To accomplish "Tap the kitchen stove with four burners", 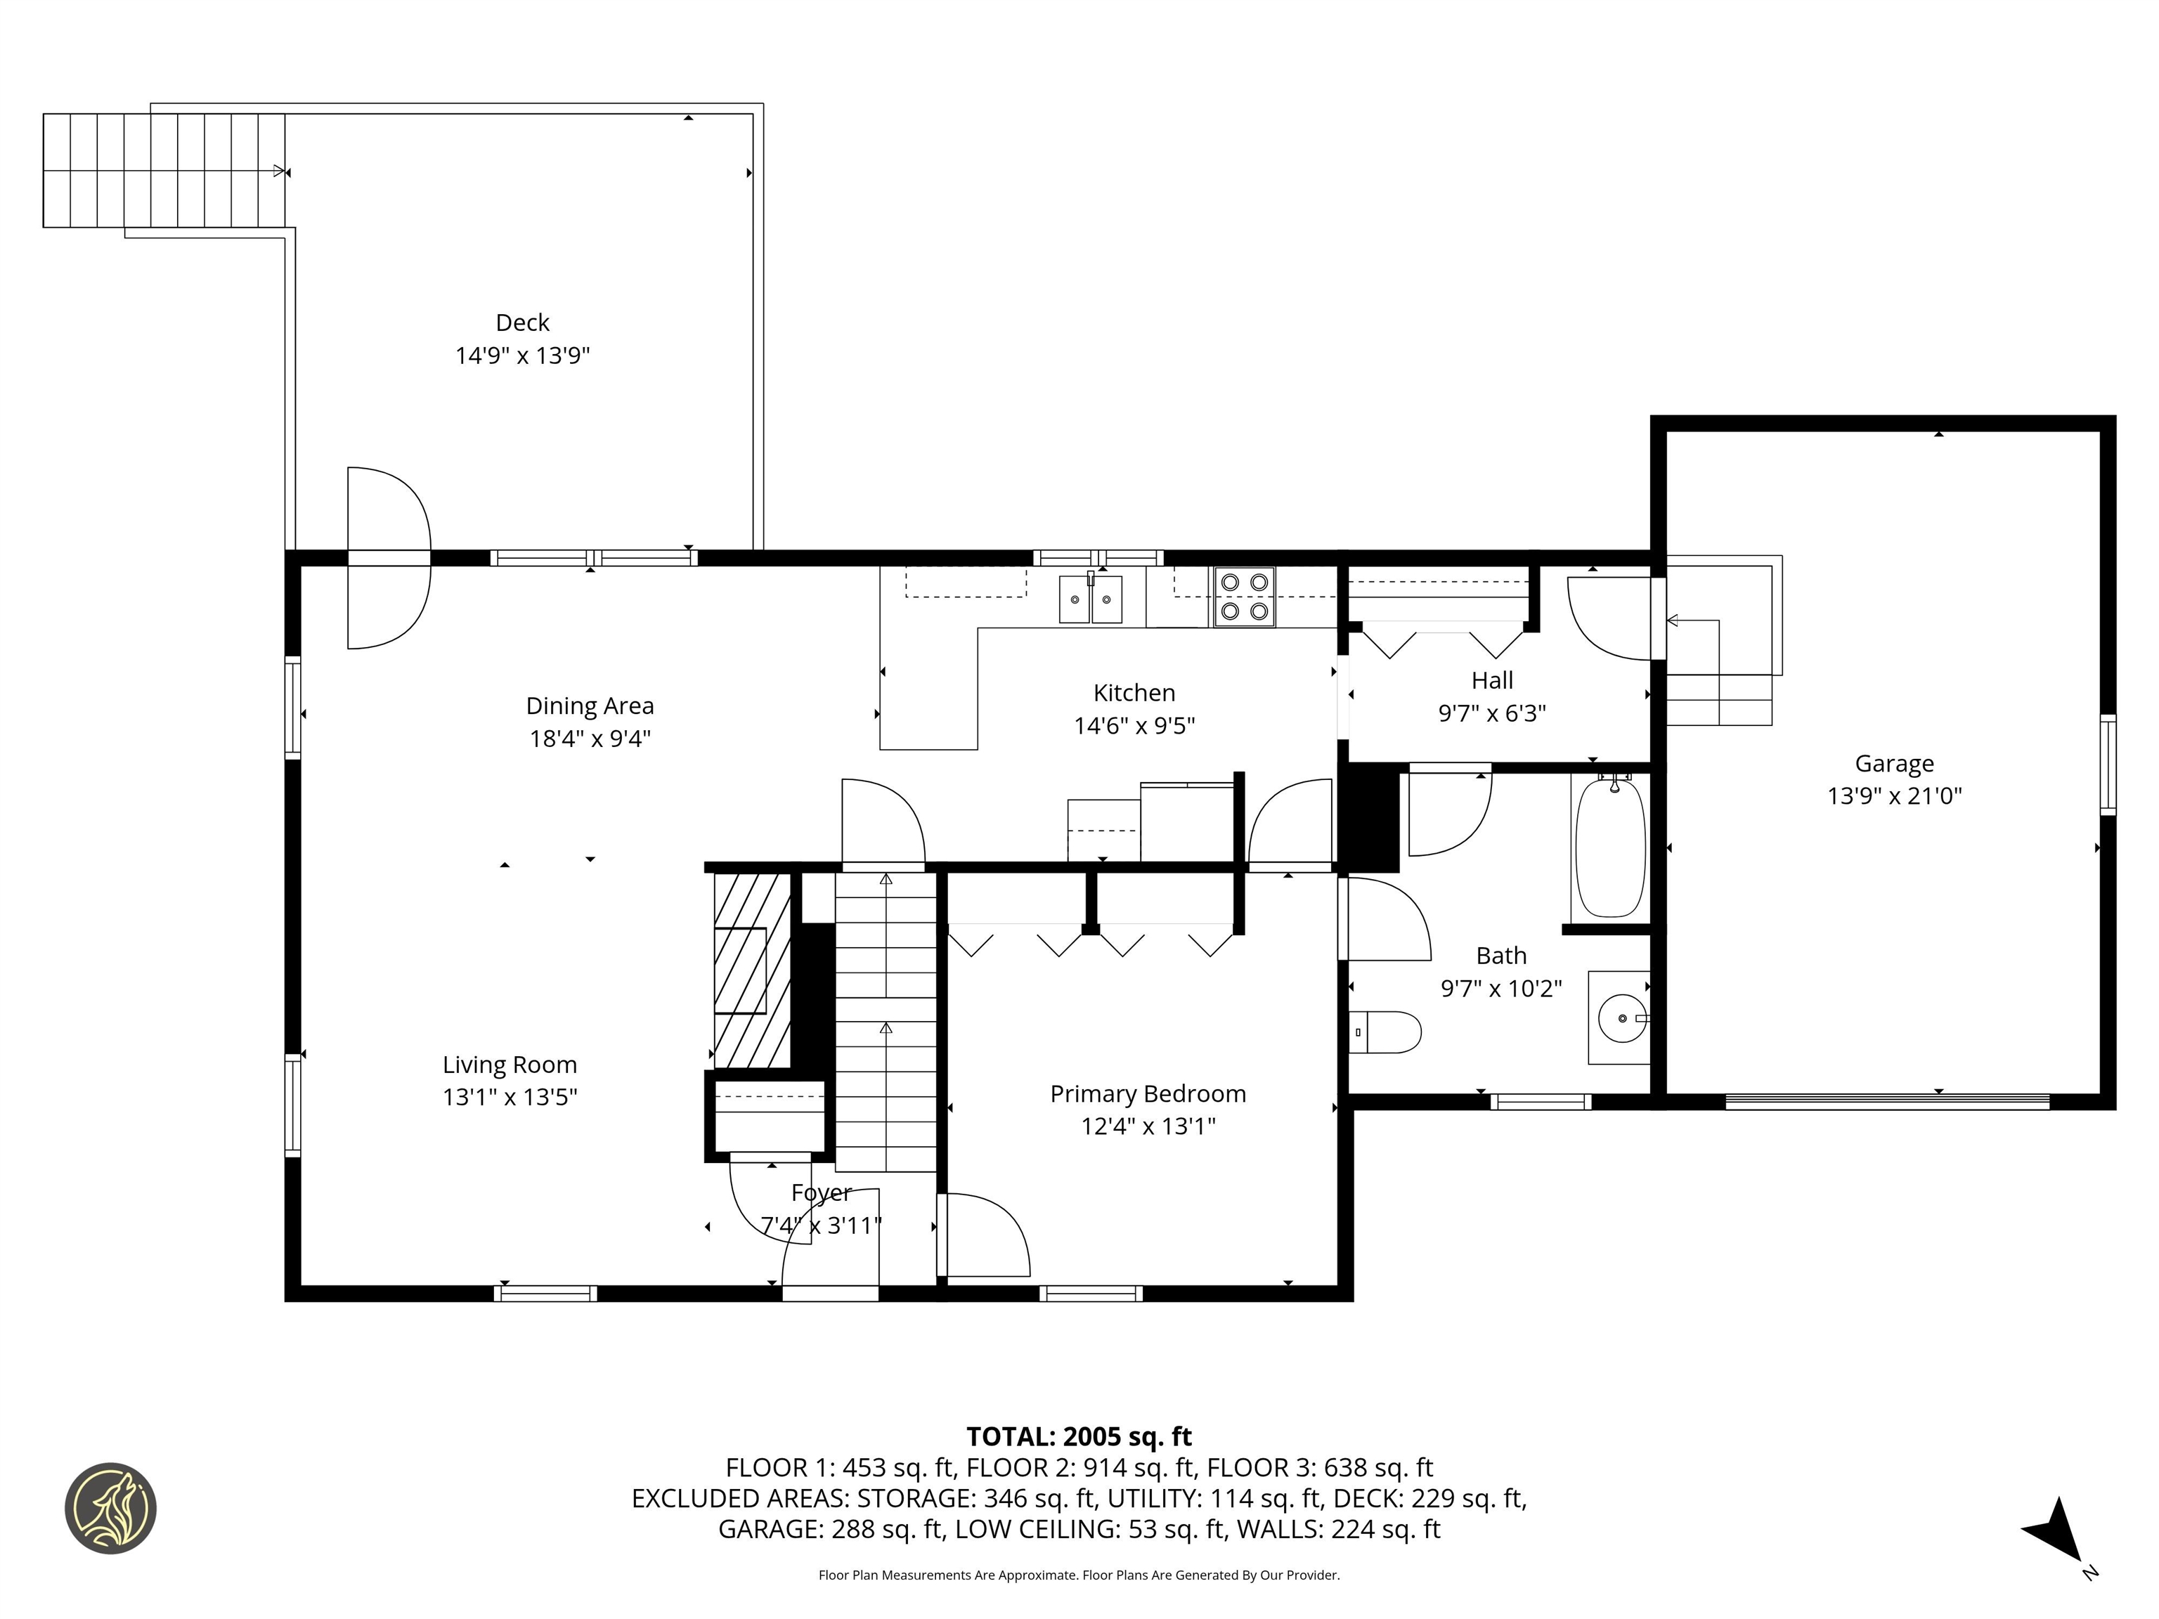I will (1245, 597).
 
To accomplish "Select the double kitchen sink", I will (1090, 598).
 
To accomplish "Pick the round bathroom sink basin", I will (1621, 1018).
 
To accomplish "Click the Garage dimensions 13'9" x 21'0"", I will (1893, 796).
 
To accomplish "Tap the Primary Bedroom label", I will (1148, 1094).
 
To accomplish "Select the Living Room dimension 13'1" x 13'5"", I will (510, 1097).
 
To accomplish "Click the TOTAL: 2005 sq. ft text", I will (1079, 1436).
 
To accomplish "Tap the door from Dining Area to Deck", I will (389, 557).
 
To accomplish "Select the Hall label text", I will (1491, 680).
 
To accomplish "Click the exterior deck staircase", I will (163, 171).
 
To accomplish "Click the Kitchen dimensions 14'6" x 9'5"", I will (1134, 726).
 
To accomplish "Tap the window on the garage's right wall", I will (2107, 765).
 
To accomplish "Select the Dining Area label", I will (590, 706).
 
